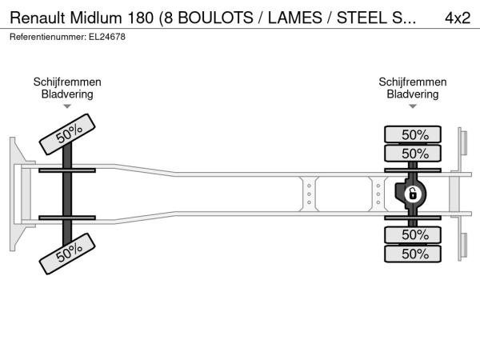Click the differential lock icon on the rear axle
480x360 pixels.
pos(412,194)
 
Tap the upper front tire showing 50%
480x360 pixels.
pos(67,134)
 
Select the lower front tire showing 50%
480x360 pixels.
pos(67,254)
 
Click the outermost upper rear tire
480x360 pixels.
pos(413,134)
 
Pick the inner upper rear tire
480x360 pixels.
pos(413,153)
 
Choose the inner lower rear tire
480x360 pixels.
pos(413,234)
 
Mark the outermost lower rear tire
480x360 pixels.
pos(413,254)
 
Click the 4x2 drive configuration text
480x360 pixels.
pos(458,18)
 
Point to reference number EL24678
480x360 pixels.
pos(107,37)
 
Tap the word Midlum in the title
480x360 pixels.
pos(96,18)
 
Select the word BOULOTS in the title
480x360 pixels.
pos(215,18)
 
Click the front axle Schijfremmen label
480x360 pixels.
pos(67,82)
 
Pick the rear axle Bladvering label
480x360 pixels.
pos(413,94)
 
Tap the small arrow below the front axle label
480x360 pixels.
pos(67,106)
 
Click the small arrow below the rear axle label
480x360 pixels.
pos(413,106)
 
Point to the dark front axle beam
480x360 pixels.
pos(67,194)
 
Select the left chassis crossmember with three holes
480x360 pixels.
pos(309,194)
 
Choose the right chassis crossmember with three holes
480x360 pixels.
pos(378,194)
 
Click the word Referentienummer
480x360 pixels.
pos(48,37)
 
